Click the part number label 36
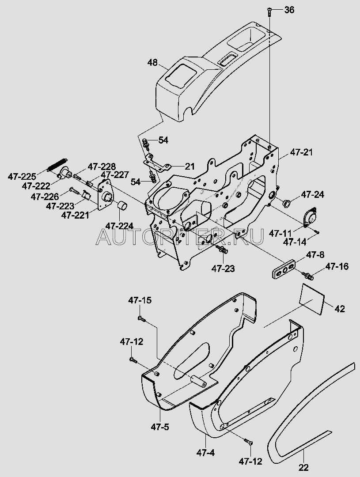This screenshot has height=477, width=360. pos(289,10)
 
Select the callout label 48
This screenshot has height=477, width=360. pos(152,63)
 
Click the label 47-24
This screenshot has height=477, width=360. pos(313,194)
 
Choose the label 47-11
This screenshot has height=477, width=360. pos(280,233)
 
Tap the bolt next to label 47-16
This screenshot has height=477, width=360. pos(309,276)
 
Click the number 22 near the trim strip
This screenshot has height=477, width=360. pos(303,467)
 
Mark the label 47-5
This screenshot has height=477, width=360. pos(160,427)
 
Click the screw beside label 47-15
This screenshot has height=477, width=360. pos(140,318)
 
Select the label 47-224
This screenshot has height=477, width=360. pos(118,226)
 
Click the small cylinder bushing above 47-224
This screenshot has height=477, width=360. pos(122,206)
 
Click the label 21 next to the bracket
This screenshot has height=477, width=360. pos(189,166)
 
